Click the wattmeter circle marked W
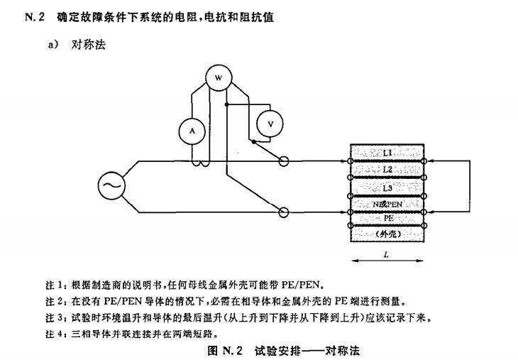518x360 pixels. click(x=219, y=76)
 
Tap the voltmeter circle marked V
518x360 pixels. click(x=270, y=124)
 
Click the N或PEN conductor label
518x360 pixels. click(x=387, y=204)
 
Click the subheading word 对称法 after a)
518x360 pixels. click(x=89, y=45)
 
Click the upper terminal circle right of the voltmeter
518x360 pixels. click(x=284, y=162)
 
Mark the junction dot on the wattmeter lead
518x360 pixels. click(x=226, y=104)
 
